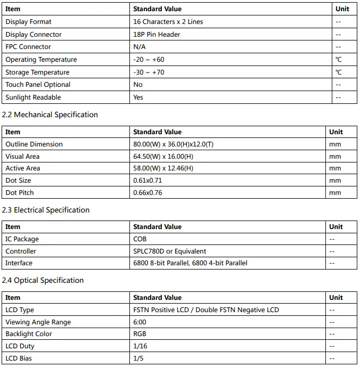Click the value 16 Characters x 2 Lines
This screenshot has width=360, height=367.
point(168,22)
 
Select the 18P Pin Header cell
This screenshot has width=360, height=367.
point(157,35)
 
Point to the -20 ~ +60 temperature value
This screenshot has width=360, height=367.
point(149,60)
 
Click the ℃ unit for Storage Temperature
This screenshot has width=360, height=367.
point(339,72)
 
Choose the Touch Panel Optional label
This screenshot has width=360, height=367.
point(38,85)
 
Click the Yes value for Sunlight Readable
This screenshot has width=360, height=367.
point(138,97)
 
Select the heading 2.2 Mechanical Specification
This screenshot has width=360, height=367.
point(50,115)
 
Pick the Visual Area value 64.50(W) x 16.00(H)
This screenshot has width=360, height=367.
point(163,157)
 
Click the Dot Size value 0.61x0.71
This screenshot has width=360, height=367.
point(148,181)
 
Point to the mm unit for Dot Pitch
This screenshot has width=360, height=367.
point(335,193)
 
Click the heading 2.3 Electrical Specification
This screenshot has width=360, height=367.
point(46,210)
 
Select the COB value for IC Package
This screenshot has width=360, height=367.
point(140,239)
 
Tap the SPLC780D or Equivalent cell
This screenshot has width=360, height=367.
point(169,251)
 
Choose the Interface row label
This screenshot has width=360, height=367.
point(19,263)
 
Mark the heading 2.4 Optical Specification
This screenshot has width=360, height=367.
point(43,280)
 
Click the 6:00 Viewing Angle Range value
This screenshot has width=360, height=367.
point(140,322)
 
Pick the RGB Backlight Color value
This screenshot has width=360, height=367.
point(140,334)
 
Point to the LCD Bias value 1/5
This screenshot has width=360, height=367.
point(138,358)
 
